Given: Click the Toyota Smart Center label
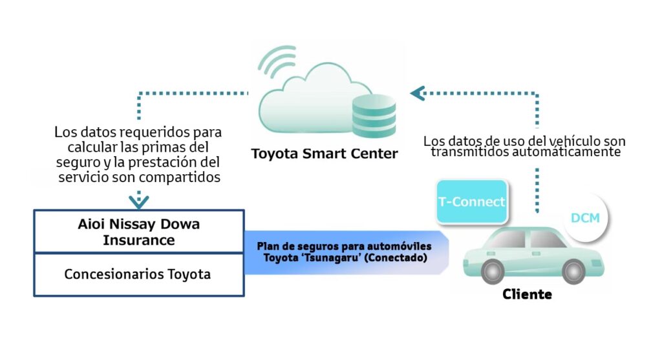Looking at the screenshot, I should (325, 154).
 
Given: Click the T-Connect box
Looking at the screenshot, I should (471, 201).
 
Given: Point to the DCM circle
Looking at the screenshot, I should (585, 217).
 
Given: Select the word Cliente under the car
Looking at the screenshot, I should (527, 295).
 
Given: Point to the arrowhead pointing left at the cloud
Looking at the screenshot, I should (417, 94).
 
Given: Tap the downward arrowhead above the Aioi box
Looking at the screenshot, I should (138, 201).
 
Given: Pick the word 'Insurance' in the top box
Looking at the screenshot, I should (138, 240).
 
